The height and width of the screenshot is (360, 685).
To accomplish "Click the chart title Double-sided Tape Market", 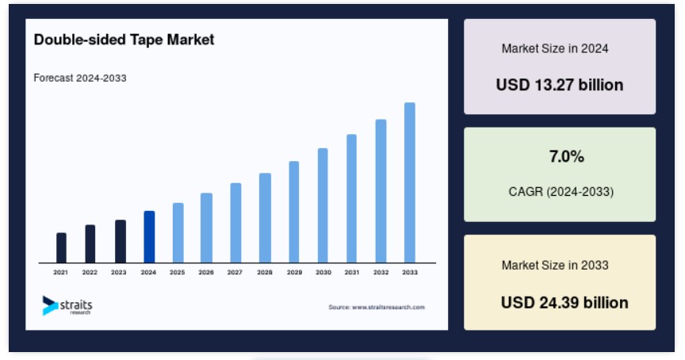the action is tap(124, 40).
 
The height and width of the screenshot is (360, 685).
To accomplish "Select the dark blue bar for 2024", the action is tap(149, 237).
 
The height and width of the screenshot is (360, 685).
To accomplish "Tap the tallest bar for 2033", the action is tap(410, 182).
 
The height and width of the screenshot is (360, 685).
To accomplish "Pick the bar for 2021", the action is tap(61, 247).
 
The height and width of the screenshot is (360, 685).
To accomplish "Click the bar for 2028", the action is tap(265, 218).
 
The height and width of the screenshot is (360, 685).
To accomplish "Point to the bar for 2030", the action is tap(323, 205).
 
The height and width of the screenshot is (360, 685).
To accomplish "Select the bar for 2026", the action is tap(207, 228).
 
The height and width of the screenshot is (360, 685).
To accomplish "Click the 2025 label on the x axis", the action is tap(178, 272).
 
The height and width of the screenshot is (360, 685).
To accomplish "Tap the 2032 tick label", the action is tap(381, 272).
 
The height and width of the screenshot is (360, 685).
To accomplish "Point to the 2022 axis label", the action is tap(90, 272).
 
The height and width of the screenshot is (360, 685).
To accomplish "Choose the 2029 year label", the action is tap(294, 272).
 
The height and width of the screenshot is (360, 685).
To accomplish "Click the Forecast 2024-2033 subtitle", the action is tap(80, 79).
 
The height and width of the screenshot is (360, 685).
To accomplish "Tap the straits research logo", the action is tap(67, 305).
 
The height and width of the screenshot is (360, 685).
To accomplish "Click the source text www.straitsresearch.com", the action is tap(377, 307).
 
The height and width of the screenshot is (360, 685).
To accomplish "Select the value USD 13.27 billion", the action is tap(560, 85).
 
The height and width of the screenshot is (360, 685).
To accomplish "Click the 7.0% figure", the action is tap(567, 156).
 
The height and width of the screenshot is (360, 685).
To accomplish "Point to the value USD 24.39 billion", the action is tap(564, 302).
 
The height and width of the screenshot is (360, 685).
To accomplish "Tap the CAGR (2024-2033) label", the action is tap(561, 192).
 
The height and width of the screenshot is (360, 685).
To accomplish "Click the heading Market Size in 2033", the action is tap(555, 265).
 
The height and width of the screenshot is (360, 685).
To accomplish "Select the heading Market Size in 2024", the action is tap(555, 48).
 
